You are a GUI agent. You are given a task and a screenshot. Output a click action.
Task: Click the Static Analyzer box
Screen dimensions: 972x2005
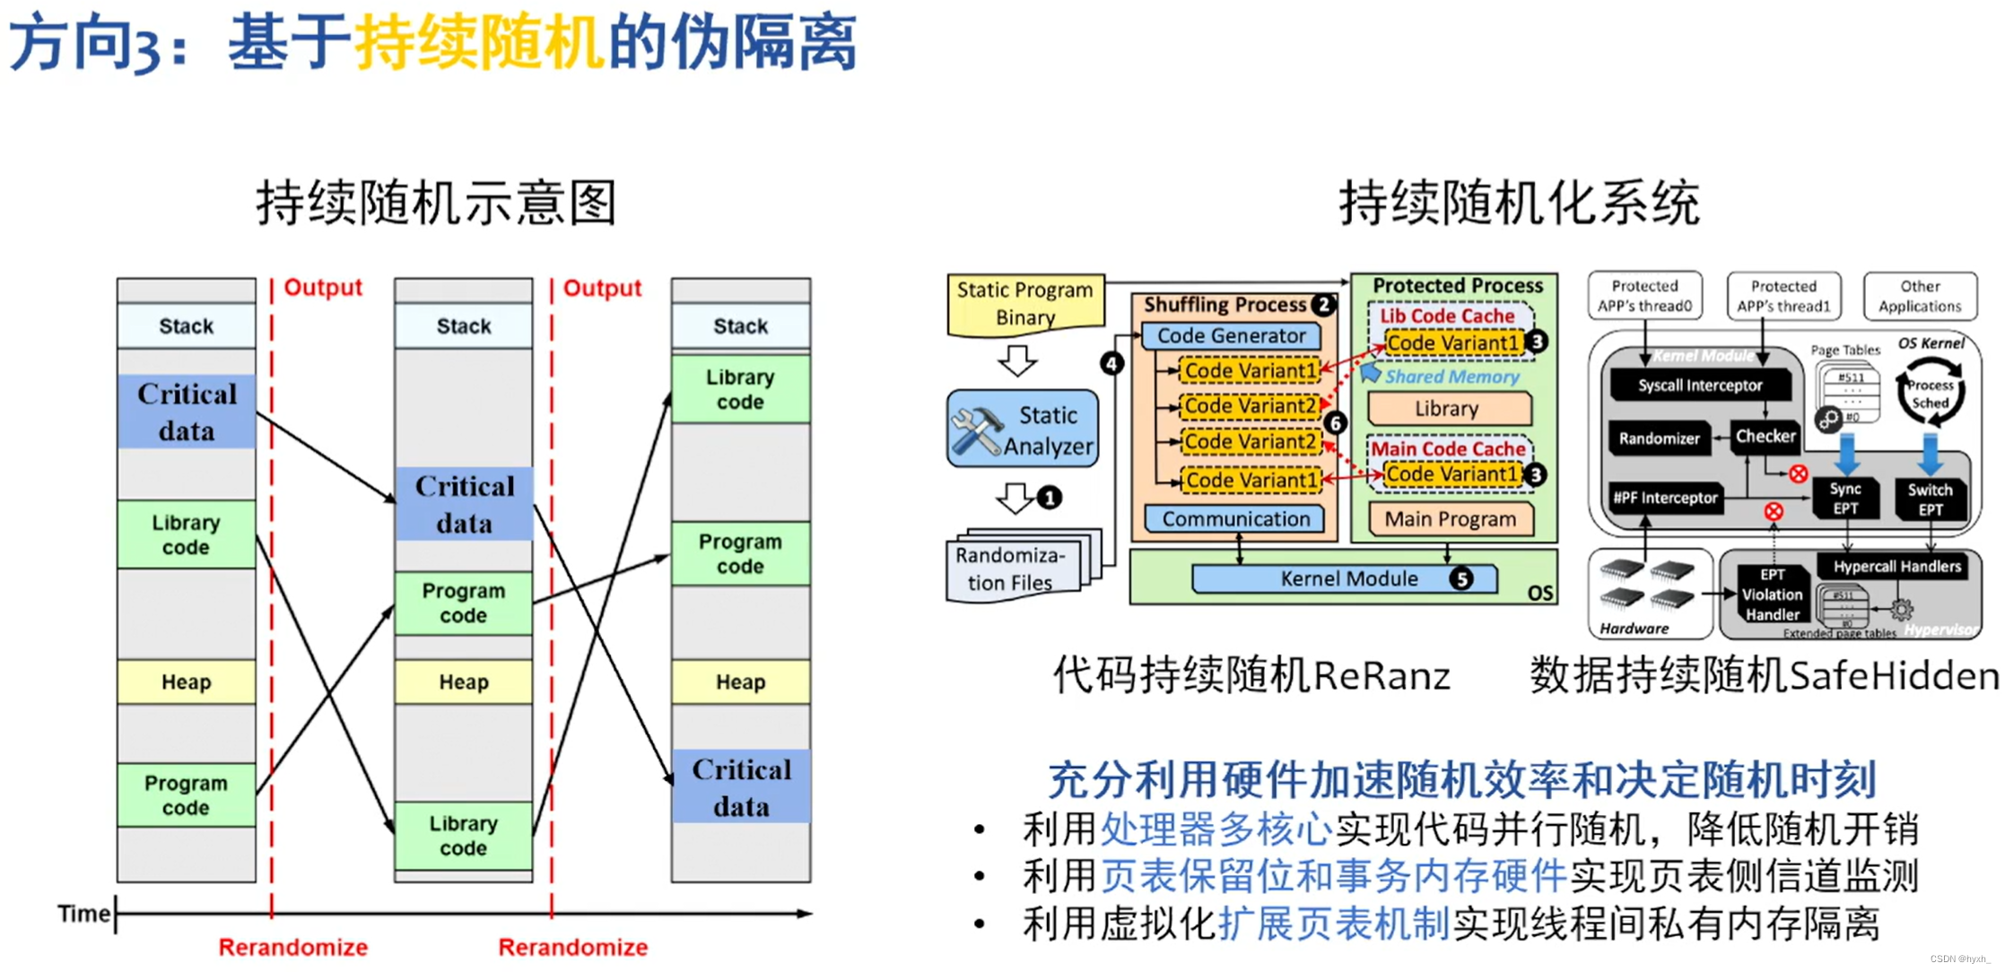(1023, 429)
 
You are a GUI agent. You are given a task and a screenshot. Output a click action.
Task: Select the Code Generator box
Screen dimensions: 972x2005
(1231, 336)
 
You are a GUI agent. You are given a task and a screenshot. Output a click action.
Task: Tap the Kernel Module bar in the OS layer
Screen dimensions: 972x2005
(1344, 579)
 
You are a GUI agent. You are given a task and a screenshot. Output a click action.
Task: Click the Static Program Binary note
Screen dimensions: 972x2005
(1024, 304)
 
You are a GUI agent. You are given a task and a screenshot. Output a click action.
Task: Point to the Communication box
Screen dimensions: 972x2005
(1235, 519)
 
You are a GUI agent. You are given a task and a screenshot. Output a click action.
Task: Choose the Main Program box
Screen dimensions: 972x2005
(1450, 519)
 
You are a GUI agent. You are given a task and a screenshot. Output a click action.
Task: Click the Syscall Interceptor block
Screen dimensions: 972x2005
(1699, 386)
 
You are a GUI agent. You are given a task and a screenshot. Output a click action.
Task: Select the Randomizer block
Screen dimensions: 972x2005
(1659, 438)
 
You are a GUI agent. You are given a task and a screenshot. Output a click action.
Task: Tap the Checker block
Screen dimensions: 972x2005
(1765, 437)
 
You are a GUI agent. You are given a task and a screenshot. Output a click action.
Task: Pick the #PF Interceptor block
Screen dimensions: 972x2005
(1665, 498)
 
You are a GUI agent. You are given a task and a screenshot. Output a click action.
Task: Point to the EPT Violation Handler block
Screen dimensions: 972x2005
(1772, 594)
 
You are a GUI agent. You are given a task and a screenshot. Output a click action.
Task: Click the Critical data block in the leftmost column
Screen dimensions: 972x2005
(187, 412)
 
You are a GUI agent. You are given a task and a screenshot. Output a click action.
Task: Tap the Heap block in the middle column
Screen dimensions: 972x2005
(464, 682)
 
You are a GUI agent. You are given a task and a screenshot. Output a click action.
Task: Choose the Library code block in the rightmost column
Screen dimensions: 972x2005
(740, 390)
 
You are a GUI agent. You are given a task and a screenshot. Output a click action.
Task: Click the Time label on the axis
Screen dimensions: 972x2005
(83, 914)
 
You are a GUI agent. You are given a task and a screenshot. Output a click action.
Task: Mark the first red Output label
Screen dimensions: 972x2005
(323, 288)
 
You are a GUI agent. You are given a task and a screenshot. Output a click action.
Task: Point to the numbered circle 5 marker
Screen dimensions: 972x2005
(1461, 579)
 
